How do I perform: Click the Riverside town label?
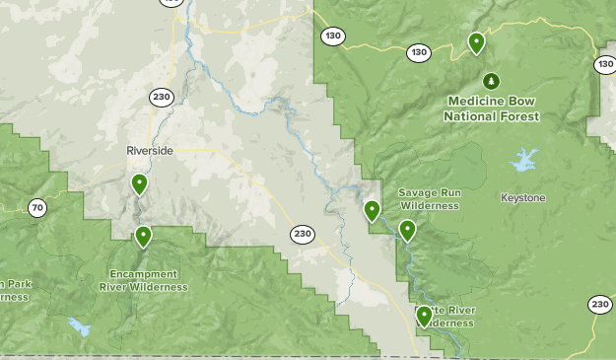150,150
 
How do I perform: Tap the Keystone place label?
522,198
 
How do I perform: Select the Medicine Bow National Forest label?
492,108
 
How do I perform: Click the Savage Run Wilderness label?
429,199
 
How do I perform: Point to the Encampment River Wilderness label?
144,280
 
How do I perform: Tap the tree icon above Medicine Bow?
491,81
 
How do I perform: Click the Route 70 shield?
36,207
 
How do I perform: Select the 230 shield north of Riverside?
162,97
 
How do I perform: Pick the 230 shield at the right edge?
600,305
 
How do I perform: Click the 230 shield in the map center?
303,235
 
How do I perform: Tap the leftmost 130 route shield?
332,36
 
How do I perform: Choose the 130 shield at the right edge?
604,64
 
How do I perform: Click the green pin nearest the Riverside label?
139,183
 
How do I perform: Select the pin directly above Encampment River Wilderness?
144,236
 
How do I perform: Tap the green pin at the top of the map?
476,42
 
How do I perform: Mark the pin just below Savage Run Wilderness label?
407,231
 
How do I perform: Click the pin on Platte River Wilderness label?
424,316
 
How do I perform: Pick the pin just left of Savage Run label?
372,210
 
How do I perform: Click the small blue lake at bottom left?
77,324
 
